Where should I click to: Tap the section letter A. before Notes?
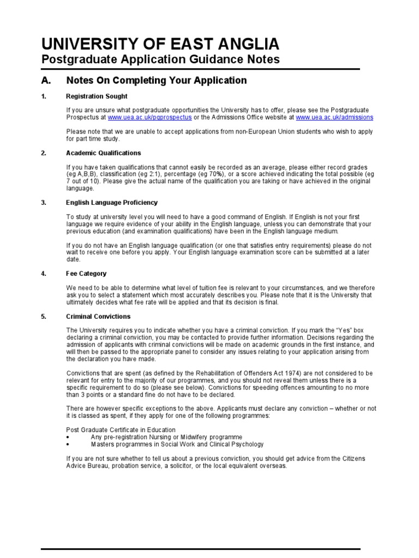click(46, 81)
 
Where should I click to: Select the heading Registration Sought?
click(97, 96)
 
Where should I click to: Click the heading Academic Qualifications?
click(103, 153)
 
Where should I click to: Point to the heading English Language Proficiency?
click(112, 203)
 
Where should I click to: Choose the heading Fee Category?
click(86, 274)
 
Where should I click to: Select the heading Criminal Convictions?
click(98, 316)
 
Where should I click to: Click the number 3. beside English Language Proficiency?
click(44, 203)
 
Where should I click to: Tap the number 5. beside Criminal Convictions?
click(44, 316)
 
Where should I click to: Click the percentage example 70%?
click(202, 174)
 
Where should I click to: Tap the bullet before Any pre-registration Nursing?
click(68, 438)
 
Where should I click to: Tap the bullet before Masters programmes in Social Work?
click(68, 445)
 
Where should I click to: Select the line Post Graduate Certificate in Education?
click(121, 430)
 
